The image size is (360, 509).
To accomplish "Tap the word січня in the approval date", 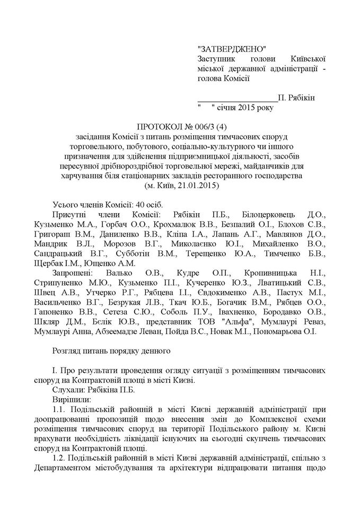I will point(231,109).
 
